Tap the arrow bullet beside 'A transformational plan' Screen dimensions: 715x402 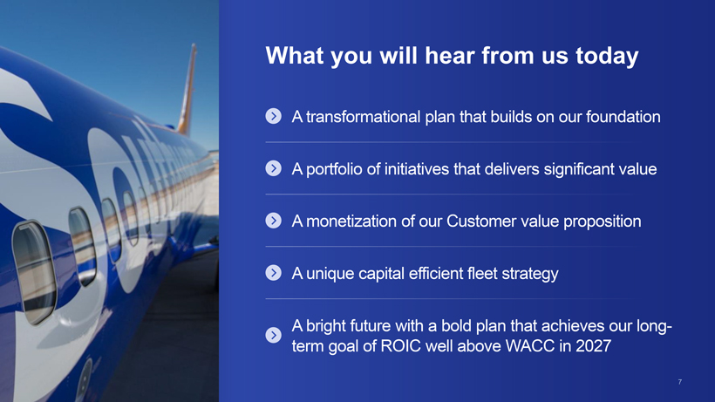[x=273, y=116]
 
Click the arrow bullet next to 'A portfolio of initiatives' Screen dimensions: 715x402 [x=273, y=168]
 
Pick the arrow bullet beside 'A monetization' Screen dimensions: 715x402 [x=273, y=221]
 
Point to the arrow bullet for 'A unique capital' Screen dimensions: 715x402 [x=273, y=273]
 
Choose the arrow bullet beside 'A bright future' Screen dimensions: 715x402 [x=273, y=335]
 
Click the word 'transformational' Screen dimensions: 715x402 [x=363, y=117]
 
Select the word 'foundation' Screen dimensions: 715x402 [x=623, y=117]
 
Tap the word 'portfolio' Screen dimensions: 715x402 [x=334, y=169]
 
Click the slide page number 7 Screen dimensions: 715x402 [x=680, y=382]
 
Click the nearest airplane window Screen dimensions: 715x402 [x=35, y=273]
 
